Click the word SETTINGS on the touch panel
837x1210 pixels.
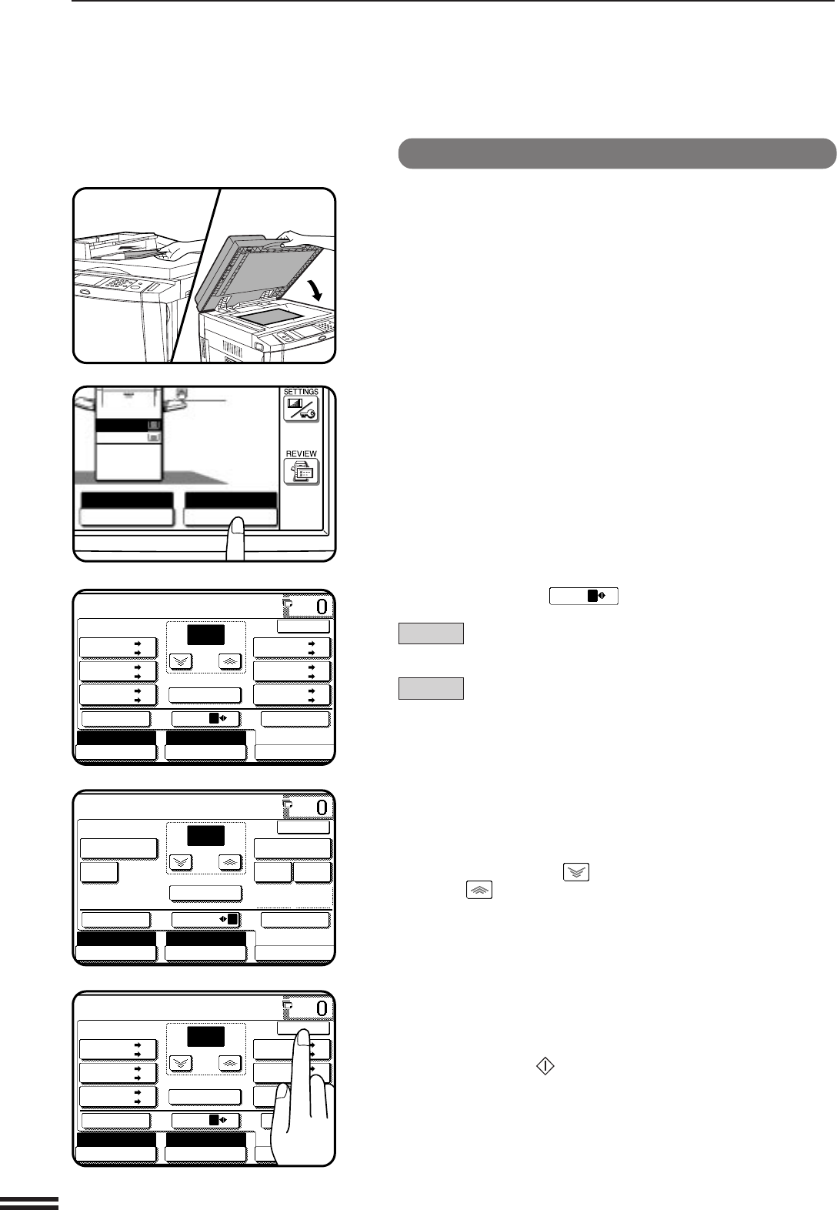pyautogui.click(x=301, y=392)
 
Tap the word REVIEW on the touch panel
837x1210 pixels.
pyautogui.click(x=301, y=454)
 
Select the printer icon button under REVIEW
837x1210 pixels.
pyautogui.click(x=302, y=472)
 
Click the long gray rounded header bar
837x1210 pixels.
pyautogui.click(x=617, y=153)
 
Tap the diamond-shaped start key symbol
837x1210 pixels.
pyautogui.click(x=545, y=1066)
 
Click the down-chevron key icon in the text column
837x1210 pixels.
pyautogui.click(x=576, y=872)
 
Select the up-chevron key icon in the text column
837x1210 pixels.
pyautogui.click(x=479, y=890)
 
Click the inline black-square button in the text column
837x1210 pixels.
pyautogui.click(x=584, y=596)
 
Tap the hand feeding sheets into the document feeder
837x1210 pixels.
pyautogui.click(x=175, y=249)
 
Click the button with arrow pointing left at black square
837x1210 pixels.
pyautogui.click(x=205, y=919)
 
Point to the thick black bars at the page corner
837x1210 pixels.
pyautogui.click(x=29, y=1202)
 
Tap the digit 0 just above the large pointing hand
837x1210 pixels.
pyautogui.click(x=322, y=1008)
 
